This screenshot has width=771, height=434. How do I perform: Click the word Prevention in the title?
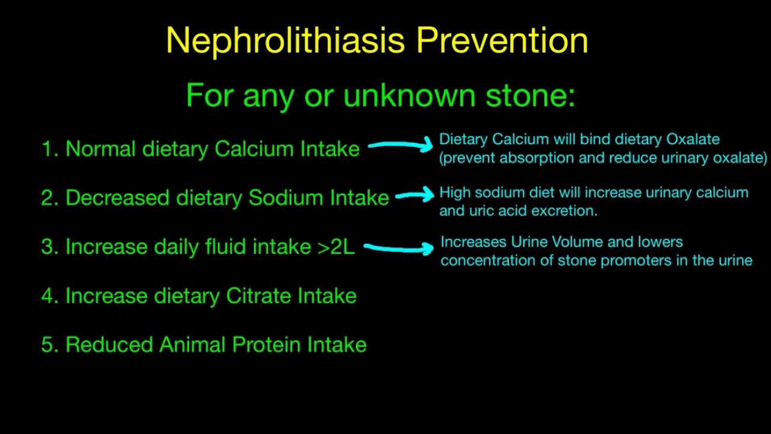point(502,41)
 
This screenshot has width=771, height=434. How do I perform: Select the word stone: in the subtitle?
point(530,95)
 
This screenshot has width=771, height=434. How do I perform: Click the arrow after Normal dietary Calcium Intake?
point(400,145)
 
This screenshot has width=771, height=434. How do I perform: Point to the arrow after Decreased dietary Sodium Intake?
point(414,194)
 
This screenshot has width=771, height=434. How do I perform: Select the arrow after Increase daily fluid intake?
point(399,247)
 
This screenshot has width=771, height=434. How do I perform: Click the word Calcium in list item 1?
point(254,149)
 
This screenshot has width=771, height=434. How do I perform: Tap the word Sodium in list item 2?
point(286,198)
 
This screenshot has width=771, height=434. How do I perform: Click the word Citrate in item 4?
point(258,296)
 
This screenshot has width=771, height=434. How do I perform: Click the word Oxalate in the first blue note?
point(692,139)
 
